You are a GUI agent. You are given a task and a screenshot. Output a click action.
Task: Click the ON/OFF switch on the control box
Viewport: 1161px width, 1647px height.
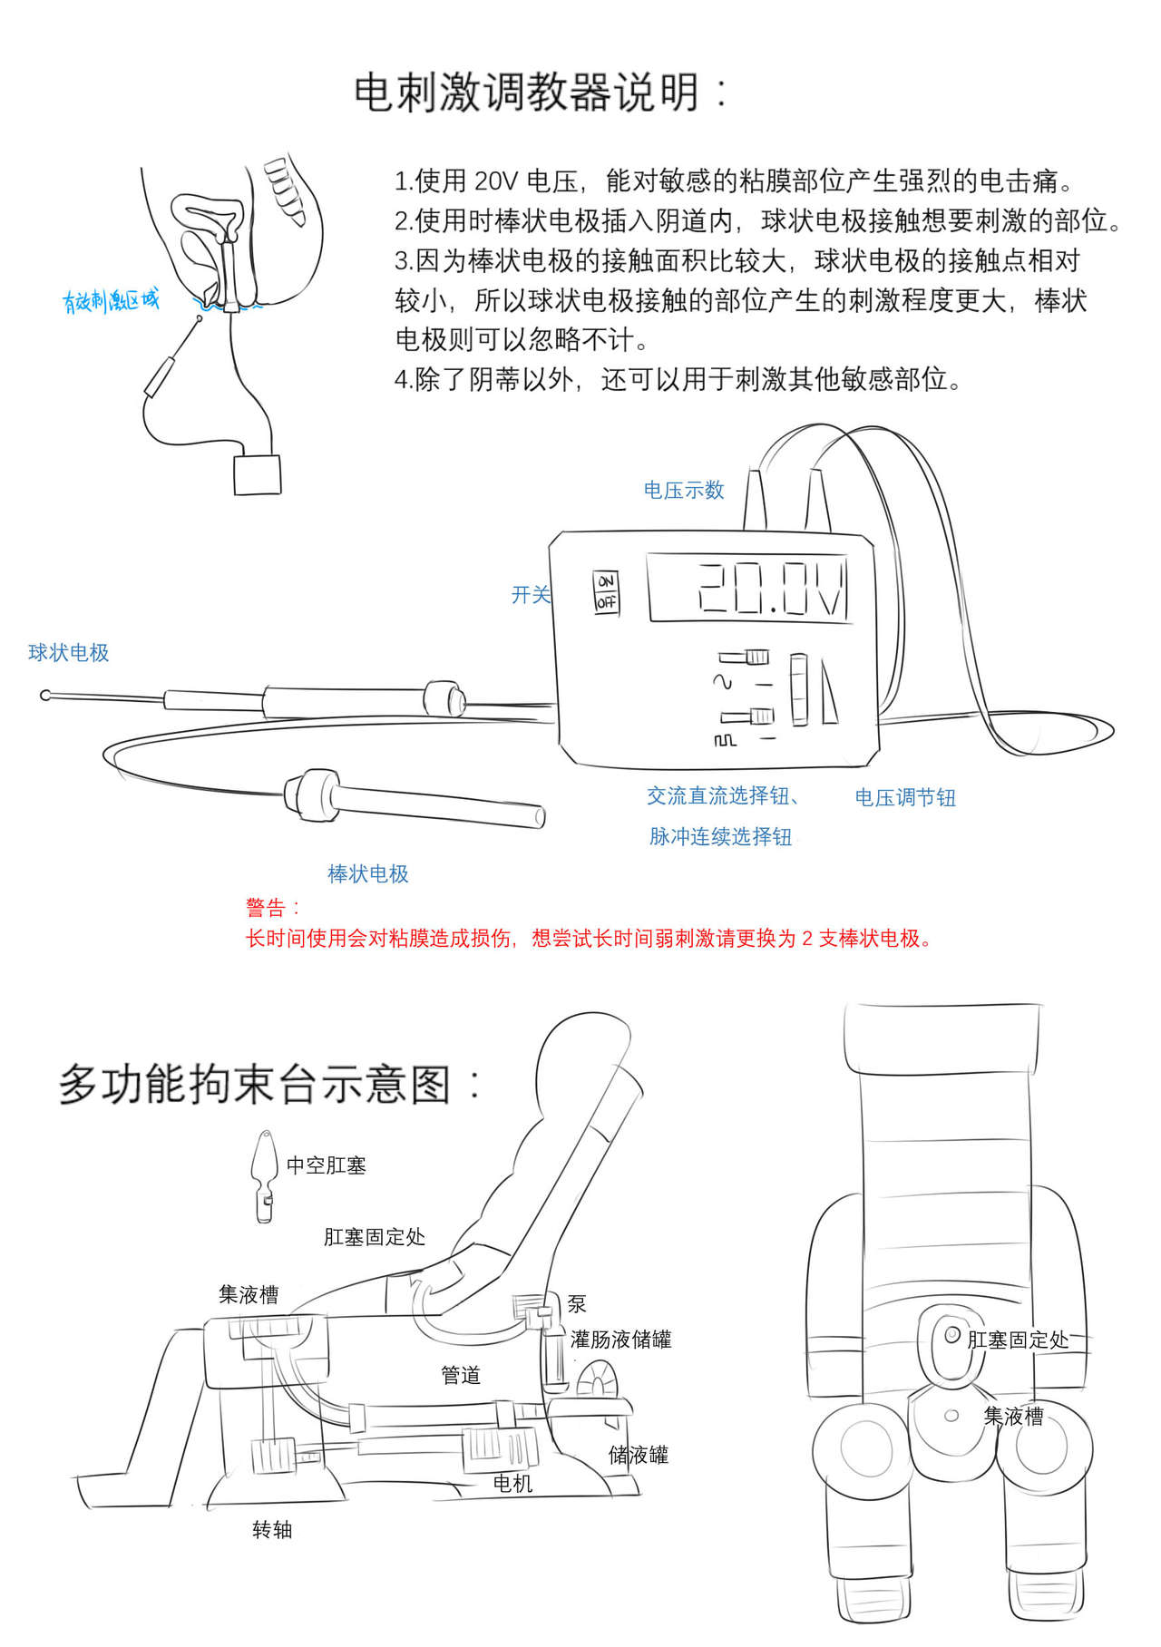point(606,591)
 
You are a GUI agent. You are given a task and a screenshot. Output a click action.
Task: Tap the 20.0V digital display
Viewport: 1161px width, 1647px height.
point(749,589)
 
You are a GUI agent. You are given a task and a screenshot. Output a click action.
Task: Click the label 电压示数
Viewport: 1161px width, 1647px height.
point(684,491)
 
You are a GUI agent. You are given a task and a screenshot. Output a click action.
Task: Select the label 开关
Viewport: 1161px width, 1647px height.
point(531,595)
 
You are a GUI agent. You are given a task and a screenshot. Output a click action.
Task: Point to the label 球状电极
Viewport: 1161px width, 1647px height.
point(69,653)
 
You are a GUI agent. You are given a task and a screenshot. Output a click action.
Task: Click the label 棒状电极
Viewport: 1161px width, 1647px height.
point(368,874)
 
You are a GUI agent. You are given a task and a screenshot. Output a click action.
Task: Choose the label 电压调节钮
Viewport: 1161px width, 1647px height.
point(905,798)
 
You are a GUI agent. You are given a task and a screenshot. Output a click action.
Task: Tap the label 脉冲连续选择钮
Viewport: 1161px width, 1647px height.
point(720,837)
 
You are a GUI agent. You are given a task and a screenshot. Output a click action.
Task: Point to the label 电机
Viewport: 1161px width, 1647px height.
point(512,1484)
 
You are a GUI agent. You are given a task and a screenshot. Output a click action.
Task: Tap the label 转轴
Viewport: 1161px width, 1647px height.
point(272,1530)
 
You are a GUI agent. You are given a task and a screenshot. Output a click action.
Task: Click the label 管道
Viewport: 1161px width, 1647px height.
point(461,1376)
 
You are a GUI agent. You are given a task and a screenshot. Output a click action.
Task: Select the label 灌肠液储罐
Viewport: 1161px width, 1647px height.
point(621,1340)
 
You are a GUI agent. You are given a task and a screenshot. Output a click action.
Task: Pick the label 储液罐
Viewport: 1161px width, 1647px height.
point(639,1456)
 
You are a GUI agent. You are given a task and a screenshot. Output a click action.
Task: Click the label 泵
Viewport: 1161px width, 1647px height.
point(577,1304)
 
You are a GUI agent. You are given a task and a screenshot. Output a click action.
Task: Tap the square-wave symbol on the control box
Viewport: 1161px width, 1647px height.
point(725,741)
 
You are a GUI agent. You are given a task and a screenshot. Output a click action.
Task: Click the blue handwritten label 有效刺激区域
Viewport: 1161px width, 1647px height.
point(111,300)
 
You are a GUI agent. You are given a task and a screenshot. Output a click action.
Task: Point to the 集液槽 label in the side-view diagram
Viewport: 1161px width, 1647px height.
point(249,1295)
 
